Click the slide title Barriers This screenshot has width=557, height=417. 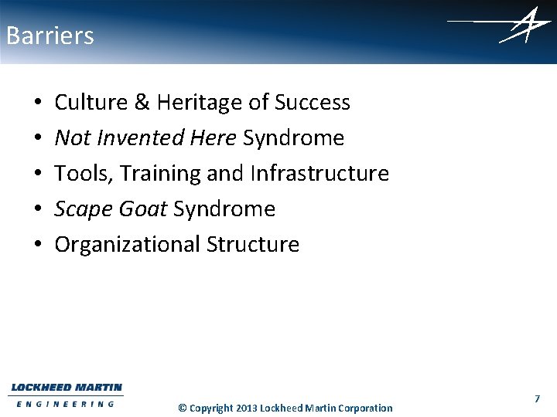pyautogui.click(x=50, y=36)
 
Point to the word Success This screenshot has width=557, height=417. pyautogui.click(x=313, y=103)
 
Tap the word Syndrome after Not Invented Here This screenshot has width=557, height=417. pyautogui.click(x=293, y=138)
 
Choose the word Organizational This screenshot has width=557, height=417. pyautogui.click(x=127, y=245)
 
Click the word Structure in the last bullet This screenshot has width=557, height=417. pyautogui.click(x=252, y=245)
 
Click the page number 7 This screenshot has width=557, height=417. pyautogui.click(x=536, y=398)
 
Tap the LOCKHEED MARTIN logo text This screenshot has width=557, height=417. pyautogui.click(x=67, y=388)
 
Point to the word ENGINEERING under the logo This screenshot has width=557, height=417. pyautogui.click(x=66, y=403)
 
